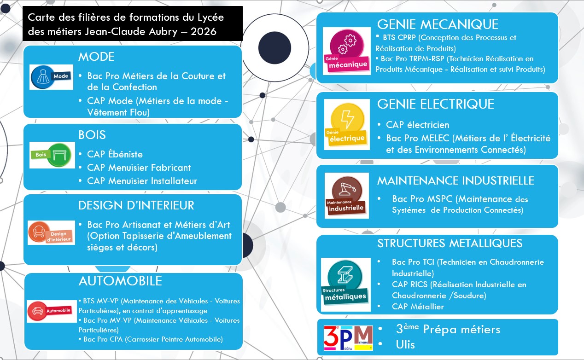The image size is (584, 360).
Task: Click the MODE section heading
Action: click(x=96, y=57)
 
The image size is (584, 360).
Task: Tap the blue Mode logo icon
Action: click(x=51, y=77)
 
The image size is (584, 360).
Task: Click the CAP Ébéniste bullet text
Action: click(x=115, y=154)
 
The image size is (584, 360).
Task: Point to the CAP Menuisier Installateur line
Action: click(x=142, y=181)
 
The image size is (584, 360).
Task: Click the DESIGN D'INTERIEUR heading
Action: click(x=136, y=205)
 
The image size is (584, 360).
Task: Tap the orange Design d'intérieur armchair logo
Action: click(x=51, y=232)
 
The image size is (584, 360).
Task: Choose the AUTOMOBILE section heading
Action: click(x=120, y=280)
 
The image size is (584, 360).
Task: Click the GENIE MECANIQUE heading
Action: click(x=438, y=24)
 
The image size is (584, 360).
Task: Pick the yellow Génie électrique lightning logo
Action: click(x=347, y=124)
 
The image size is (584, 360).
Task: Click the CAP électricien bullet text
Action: click(x=417, y=125)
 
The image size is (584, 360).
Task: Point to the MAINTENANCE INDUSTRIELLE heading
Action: click(x=456, y=180)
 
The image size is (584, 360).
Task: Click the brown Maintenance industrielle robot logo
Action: click(x=346, y=195)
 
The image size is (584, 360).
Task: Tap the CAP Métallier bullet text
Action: click(x=418, y=306)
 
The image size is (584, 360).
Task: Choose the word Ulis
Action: click(x=405, y=344)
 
